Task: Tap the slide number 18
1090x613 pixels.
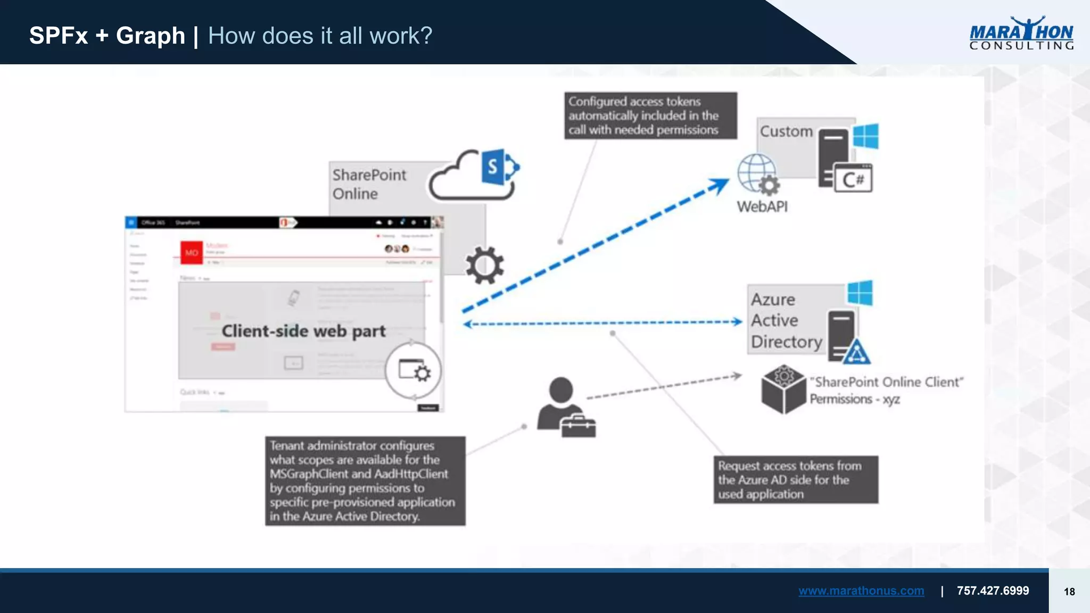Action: [x=1069, y=592]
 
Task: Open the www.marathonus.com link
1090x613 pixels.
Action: [x=861, y=591]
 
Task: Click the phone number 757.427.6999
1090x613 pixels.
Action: [x=993, y=591]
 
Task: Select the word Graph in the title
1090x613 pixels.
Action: [x=151, y=36]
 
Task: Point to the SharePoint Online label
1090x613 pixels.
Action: [x=369, y=184]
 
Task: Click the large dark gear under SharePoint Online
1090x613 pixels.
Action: [x=484, y=264]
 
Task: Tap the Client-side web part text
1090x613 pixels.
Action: [x=303, y=331]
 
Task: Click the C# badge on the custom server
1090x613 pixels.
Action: [x=853, y=179]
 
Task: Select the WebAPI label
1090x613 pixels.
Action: [x=762, y=206]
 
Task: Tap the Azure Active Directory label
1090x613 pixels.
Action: [x=786, y=320]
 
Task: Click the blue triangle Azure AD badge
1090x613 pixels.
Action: [x=856, y=352]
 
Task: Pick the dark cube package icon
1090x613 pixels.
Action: [x=783, y=389]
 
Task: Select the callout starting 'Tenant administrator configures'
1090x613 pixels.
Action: [x=365, y=481]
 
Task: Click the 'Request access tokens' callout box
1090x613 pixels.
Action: [x=796, y=479]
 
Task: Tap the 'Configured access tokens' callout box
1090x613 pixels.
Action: [x=650, y=115]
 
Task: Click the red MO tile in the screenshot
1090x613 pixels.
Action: [x=192, y=253]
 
